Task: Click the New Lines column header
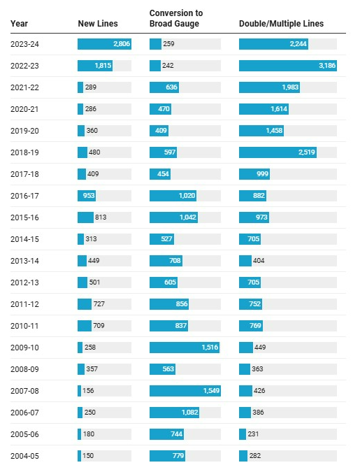[98, 24]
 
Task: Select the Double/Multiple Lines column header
[281, 24]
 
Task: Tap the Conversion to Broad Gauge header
[176, 18]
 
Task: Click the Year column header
[19, 24]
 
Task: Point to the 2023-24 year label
[24, 44]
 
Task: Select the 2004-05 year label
[24, 456]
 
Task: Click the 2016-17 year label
[24, 196]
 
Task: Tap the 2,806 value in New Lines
[122, 44]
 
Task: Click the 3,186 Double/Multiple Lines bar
[288, 66]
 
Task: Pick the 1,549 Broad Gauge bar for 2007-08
[185, 391]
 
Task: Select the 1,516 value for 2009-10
[210, 348]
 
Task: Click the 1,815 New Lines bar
[95, 66]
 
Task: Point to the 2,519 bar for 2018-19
[278, 152]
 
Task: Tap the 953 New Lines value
[89, 196]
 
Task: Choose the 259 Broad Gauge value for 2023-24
[168, 44]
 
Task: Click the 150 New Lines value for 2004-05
[88, 456]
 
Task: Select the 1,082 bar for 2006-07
[174, 413]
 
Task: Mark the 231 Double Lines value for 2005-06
[253, 434]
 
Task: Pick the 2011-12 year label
[24, 304]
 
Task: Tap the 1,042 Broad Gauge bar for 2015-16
[173, 217]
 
